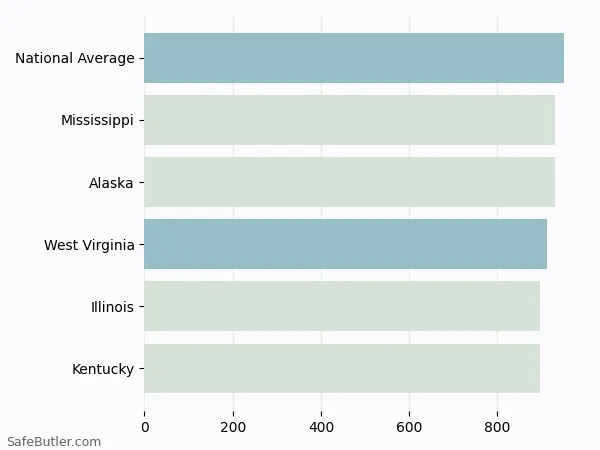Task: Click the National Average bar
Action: (354, 58)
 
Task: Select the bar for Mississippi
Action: (349, 120)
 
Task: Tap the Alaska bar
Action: (349, 182)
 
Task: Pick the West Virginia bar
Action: (345, 244)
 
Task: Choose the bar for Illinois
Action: (342, 306)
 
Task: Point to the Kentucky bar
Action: (342, 368)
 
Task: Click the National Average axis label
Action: (75, 59)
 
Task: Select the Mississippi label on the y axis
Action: (97, 121)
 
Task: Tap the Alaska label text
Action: (111, 183)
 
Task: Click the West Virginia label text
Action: (89, 245)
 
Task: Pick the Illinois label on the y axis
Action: (112, 307)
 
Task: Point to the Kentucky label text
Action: (103, 369)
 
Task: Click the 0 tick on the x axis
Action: (145, 428)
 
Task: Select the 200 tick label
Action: (233, 428)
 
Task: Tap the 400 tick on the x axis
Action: (321, 428)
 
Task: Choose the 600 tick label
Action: (409, 428)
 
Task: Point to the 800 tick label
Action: (497, 428)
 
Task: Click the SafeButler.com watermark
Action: (54, 441)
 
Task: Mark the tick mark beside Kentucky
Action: (141, 368)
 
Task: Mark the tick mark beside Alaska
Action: (141, 182)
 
